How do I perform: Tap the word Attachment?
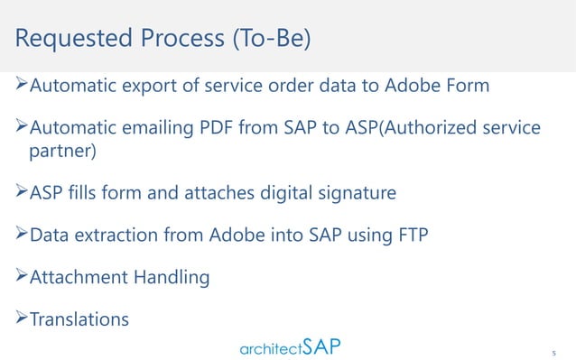tap(82, 279)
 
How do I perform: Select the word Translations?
tap(79, 319)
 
